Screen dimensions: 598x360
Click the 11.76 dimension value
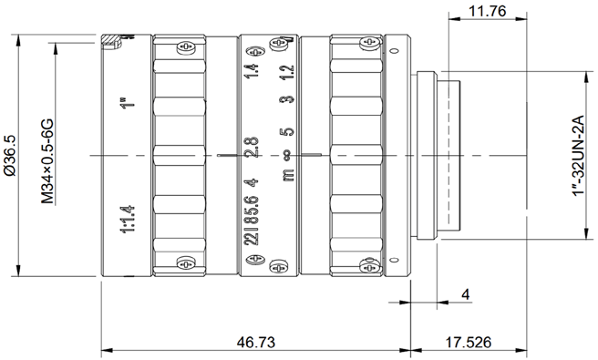487,11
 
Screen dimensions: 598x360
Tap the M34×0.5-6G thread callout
46,161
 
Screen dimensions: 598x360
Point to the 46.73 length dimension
255,342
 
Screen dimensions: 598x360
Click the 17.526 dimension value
469,342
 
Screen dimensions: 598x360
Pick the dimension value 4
465,294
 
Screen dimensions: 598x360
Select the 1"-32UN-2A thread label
578,155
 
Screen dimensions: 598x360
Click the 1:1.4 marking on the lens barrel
127,220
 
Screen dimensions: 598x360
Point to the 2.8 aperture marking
252,148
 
